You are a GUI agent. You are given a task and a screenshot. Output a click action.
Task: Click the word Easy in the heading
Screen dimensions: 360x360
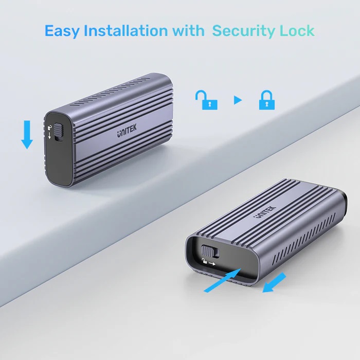pos(62,31)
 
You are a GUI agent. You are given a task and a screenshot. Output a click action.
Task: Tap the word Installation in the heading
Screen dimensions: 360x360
pos(127,31)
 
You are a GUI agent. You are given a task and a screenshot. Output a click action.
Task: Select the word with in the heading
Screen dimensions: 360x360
pos(188,31)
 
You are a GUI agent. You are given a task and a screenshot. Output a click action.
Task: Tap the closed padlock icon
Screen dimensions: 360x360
pos(266,100)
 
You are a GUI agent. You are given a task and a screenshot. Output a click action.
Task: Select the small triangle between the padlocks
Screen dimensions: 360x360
pos(237,100)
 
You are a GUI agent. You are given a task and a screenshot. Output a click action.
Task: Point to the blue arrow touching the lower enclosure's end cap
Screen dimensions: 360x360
pos(221,280)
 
